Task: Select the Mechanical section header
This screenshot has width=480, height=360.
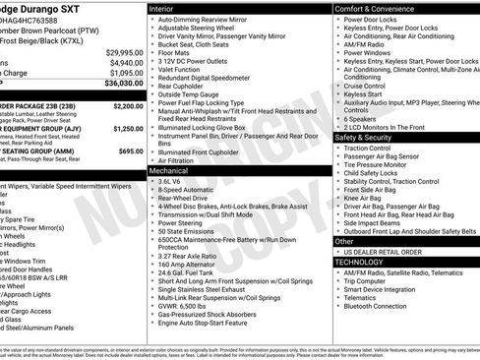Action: (170, 171)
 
